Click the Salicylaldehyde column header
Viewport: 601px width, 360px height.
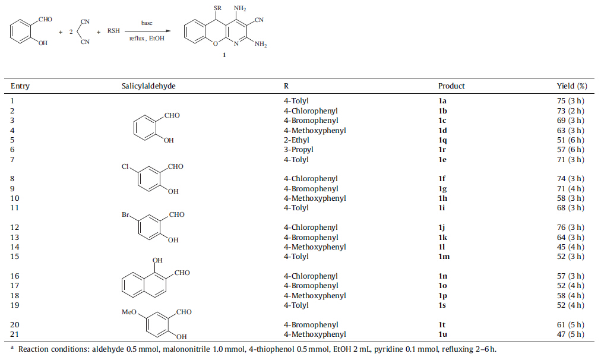click(148, 86)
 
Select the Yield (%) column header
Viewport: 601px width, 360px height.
click(567, 86)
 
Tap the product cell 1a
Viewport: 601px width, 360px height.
click(442, 101)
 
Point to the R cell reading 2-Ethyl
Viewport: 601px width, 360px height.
click(298, 140)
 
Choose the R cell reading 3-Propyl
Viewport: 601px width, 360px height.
click(299, 150)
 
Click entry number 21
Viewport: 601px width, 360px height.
click(15, 334)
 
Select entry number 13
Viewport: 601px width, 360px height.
click(15, 238)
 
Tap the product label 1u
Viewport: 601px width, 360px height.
click(443, 334)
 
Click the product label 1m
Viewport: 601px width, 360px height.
click(444, 257)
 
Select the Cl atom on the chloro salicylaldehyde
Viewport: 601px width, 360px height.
click(126, 167)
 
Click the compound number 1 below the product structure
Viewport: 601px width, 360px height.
click(224, 55)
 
